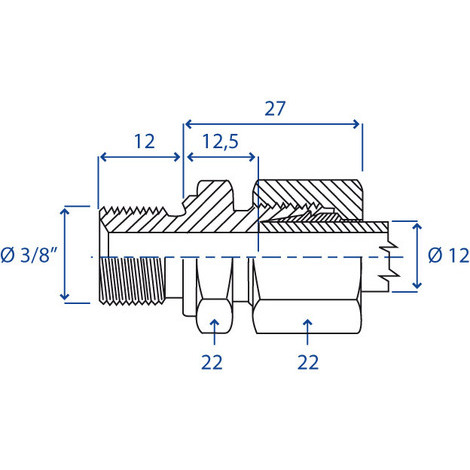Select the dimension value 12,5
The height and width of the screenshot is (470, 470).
pos(218,141)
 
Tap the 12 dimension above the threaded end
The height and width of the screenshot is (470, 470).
pos(144,141)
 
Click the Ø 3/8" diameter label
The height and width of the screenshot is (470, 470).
pos(29,255)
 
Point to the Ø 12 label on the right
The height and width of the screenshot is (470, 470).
pos(447,255)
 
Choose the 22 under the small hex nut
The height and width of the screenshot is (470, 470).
pos(211,360)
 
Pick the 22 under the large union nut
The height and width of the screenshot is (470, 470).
pos(307,360)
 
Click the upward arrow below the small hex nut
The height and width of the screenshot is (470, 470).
pos(211,325)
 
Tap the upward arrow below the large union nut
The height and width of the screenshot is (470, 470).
pos(307,325)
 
